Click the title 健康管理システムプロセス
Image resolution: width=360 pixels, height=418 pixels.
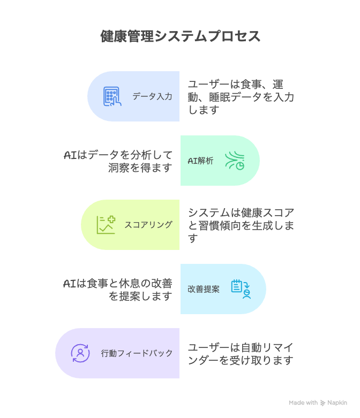tap(180, 36)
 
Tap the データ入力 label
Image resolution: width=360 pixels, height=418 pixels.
tap(152, 97)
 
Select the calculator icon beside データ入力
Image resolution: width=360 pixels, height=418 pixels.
tap(112, 97)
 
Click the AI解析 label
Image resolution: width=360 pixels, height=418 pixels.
tap(200, 161)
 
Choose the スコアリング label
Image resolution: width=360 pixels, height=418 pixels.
tap(148, 225)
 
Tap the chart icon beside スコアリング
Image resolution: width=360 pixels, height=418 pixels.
tap(106, 225)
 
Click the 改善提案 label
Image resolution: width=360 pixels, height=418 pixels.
tap(204, 289)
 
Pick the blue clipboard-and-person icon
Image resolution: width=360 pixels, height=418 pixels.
tap(241, 289)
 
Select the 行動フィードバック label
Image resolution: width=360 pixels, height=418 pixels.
tap(137, 353)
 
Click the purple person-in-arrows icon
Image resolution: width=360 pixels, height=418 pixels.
tap(80, 353)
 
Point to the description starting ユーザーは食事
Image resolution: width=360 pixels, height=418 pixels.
tap(241, 97)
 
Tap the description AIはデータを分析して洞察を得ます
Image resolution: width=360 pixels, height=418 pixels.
tap(118, 161)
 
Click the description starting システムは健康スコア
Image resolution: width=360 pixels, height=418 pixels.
tap(241, 225)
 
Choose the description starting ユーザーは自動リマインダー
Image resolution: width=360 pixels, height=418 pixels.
tap(241, 353)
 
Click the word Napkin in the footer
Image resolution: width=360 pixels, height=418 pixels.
tap(337, 402)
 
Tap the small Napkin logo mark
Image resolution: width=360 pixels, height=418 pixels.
tap(322, 402)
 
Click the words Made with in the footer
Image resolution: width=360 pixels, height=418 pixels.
tap(303, 402)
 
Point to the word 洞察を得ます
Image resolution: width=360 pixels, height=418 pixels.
tap(140, 168)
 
